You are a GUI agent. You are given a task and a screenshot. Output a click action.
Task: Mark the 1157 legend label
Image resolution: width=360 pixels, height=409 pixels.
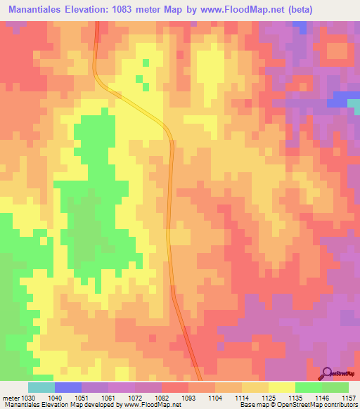[349, 398]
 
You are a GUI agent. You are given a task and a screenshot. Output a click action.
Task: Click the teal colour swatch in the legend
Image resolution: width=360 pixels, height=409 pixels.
[41, 387]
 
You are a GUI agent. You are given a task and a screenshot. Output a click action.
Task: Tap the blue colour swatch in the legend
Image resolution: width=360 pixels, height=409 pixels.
[68, 387]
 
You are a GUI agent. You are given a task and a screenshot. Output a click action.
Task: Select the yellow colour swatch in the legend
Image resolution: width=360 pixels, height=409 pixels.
[282, 387]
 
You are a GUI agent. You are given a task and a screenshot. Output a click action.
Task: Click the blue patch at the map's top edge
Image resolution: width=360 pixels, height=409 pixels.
[300, 27]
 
